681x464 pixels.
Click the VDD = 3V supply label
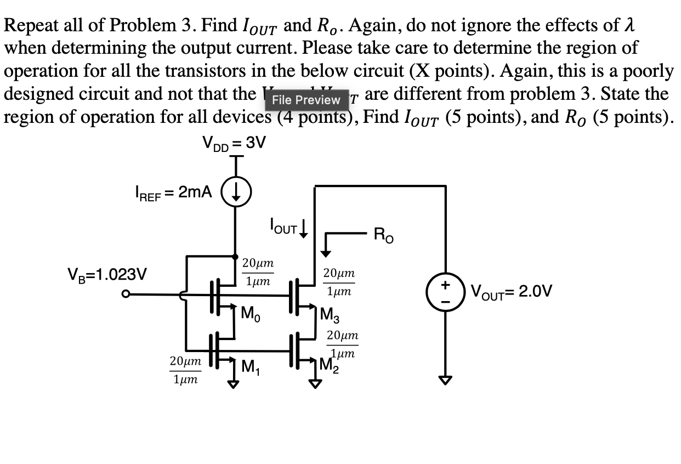[234, 144]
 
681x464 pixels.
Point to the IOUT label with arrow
[287, 225]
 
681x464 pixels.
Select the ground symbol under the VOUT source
[445, 381]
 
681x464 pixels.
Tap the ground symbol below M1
[235, 383]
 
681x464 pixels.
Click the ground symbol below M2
[315, 383]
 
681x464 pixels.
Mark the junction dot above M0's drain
[235, 256]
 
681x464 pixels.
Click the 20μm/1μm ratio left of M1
[185, 371]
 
